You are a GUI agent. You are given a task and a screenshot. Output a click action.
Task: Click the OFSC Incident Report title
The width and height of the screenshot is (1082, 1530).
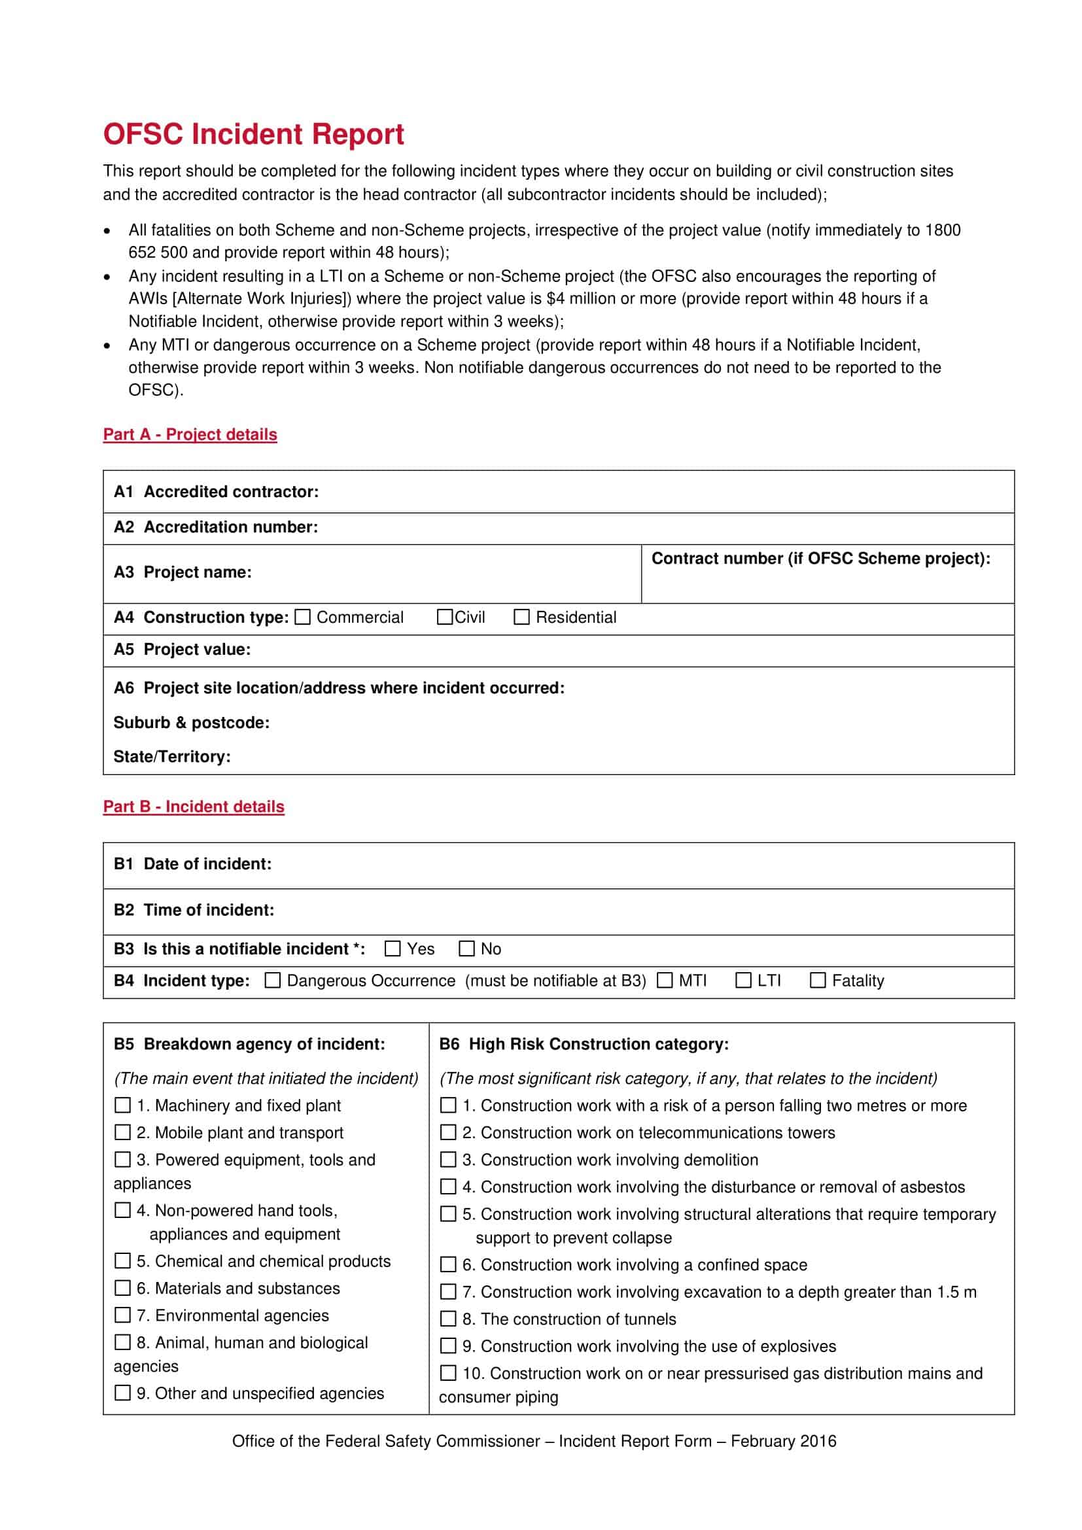pos(253,134)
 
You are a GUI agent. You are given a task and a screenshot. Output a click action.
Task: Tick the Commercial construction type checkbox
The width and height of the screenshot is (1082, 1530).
pos(302,617)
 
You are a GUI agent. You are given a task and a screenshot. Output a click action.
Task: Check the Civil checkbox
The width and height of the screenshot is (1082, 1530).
pos(444,617)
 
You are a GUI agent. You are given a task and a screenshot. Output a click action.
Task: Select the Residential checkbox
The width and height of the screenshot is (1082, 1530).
pos(521,617)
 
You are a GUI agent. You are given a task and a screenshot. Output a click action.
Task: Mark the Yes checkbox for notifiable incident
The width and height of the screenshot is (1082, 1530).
pos(393,948)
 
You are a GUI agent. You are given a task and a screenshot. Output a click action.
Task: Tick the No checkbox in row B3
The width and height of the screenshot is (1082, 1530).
pos(467,948)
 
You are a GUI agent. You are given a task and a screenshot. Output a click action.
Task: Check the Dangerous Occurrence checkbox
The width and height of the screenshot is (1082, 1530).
pos(273,981)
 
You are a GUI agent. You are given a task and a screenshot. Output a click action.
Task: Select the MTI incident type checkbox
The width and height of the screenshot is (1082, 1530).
pos(665,981)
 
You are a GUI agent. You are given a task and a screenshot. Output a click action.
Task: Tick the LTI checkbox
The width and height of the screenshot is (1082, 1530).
pos(744,981)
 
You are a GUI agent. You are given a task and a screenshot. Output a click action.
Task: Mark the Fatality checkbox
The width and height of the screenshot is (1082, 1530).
pos(818,981)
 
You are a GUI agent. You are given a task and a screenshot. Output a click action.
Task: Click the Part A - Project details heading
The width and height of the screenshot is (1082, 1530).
pos(190,434)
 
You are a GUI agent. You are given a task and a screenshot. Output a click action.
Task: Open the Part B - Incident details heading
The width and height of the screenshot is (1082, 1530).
pos(193,807)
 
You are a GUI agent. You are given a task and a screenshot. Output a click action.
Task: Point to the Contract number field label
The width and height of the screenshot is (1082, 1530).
pos(820,559)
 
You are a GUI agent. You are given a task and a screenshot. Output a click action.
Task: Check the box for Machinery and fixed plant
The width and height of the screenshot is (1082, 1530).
pos(122,1105)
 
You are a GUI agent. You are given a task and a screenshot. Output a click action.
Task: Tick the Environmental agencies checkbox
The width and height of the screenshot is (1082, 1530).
pos(122,1315)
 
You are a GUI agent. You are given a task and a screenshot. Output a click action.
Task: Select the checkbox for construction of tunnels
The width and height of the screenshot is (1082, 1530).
pos(448,1319)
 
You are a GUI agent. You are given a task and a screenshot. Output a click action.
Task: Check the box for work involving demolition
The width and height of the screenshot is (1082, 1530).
pos(448,1160)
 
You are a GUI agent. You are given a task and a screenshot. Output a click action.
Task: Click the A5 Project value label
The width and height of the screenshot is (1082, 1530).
pos(182,649)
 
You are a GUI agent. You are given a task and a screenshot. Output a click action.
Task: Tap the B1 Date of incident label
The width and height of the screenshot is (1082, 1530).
pos(192,863)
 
